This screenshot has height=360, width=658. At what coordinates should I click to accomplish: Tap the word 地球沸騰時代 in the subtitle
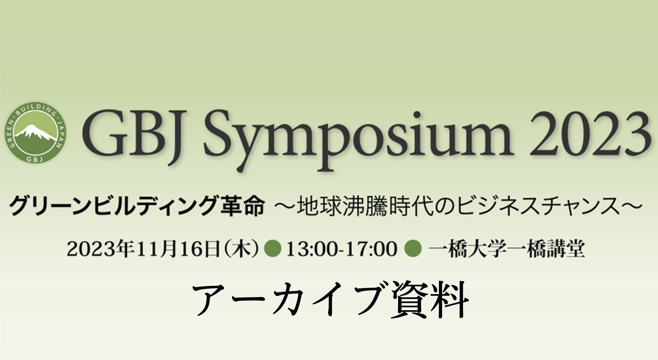coord(368,207)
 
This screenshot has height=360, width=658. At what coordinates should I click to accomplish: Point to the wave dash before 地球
coord(284,207)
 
